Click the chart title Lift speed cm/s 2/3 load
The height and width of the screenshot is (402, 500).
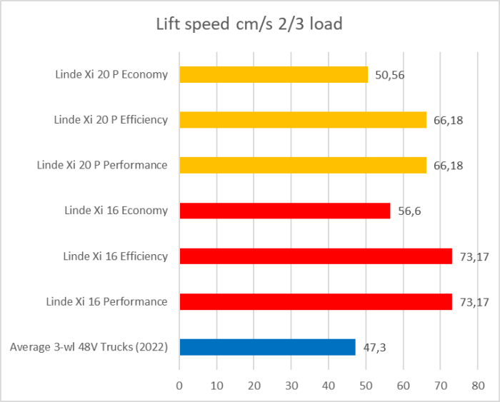tap(249, 24)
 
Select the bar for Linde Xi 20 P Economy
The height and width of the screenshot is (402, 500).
tap(274, 74)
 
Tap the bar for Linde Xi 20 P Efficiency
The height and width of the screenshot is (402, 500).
tap(303, 120)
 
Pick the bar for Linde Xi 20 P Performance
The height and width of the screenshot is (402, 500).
tap(303, 165)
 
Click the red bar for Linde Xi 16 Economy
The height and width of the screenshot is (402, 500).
tap(285, 211)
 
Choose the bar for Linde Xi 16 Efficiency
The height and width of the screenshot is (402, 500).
tap(316, 256)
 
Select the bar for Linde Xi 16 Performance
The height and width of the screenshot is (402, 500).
tap(316, 301)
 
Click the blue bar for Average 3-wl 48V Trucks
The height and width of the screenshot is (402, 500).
tap(267, 347)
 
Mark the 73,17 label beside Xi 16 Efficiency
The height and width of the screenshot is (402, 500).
tap(474, 256)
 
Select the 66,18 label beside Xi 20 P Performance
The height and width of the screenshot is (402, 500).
tap(448, 165)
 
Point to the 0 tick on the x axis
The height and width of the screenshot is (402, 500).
tap(179, 384)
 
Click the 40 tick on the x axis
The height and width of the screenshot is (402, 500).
tap(329, 384)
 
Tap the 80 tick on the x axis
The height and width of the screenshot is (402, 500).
tap(478, 384)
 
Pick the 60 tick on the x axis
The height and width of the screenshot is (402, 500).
tap(404, 384)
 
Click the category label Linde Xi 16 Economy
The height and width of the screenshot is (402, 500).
tap(116, 211)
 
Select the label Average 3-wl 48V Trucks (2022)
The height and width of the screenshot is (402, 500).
tap(89, 347)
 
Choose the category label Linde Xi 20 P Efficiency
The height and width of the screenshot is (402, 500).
tap(111, 120)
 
